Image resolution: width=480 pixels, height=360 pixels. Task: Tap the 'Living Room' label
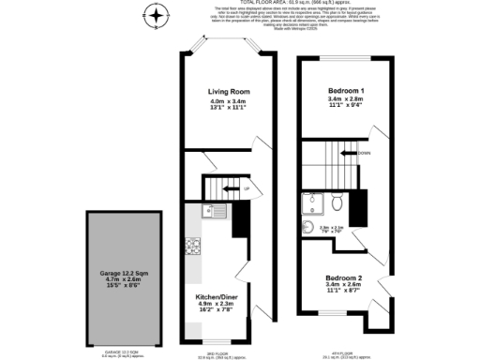point(229,91)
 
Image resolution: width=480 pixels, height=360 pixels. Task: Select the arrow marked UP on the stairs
point(230,190)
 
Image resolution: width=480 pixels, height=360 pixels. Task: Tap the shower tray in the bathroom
point(310,205)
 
